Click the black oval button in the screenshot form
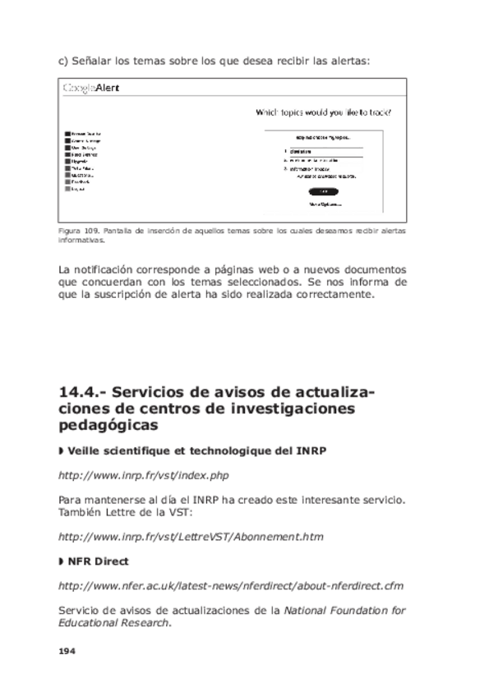[x=323, y=191]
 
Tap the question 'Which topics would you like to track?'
[x=324, y=112]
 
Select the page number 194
[x=67, y=650]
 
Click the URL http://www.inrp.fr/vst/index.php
[x=143, y=475]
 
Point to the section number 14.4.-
[x=84, y=393]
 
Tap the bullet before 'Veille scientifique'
[x=62, y=451]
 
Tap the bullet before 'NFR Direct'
[x=62, y=562]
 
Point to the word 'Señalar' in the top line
[x=95, y=60]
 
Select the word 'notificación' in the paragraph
[x=106, y=268]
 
